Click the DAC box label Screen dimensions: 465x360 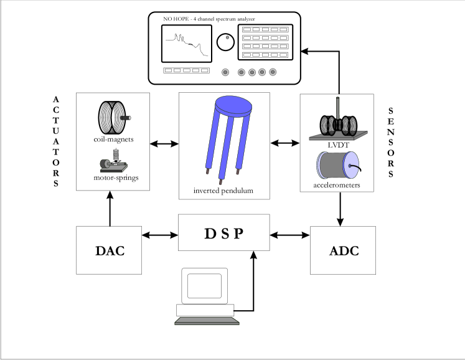point(110,251)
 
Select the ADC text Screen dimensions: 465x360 point(344,251)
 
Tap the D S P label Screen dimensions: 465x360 point(224,234)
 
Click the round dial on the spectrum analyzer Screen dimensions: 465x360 point(225,42)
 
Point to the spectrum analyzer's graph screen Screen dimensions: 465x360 point(187,44)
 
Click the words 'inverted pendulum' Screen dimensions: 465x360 point(223,191)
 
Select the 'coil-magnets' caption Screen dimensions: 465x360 point(113,140)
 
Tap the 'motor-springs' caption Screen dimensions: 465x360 point(116,178)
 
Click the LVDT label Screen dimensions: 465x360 point(339,145)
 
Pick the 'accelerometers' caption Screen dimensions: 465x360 point(337,185)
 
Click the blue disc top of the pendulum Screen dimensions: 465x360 point(233,106)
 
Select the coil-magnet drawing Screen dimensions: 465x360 point(114,118)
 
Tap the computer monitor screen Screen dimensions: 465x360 point(204,286)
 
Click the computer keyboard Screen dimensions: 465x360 point(207,321)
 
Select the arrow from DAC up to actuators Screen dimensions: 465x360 point(110,209)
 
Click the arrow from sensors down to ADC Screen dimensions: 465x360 point(340,209)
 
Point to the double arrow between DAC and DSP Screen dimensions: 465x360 point(160,235)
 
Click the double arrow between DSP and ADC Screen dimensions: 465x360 point(289,235)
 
